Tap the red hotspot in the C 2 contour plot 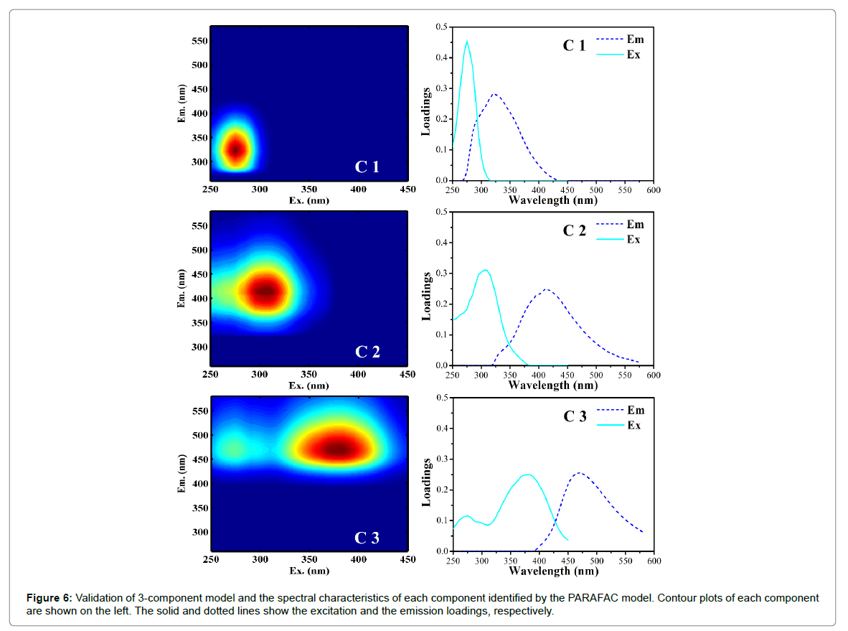tap(266, 291)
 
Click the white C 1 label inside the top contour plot tap(367, 167)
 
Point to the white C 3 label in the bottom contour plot tap(367, 538)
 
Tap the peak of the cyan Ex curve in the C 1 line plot tap(467, 42)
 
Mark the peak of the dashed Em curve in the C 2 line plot tap(547, 289)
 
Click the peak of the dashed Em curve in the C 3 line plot tap(578, 473)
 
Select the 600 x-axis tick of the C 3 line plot tap(653, 561)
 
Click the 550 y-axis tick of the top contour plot tap(199, 41)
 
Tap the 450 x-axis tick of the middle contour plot tap(407, 375)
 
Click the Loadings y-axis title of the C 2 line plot tap(426, 296)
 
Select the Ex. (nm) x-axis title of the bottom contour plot tap(309, 571)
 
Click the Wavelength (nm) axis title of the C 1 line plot tap(552, 200)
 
